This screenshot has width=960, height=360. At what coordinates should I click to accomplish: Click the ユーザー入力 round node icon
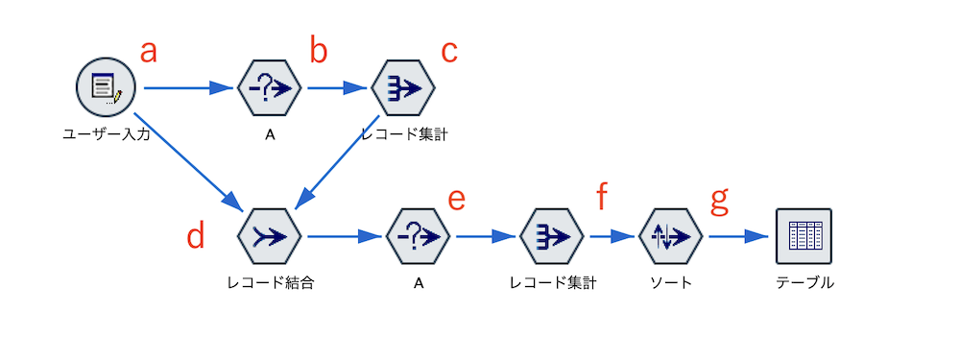point(105,87)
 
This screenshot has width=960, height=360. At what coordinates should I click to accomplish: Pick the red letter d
point(196,236)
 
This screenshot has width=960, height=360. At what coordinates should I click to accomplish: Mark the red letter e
point(457,199)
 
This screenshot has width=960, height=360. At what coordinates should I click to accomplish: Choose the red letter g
point(719,201)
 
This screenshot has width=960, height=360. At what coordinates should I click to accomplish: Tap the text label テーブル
point(804,283)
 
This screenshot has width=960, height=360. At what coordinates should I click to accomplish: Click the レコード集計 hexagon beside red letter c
point(403,87)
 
